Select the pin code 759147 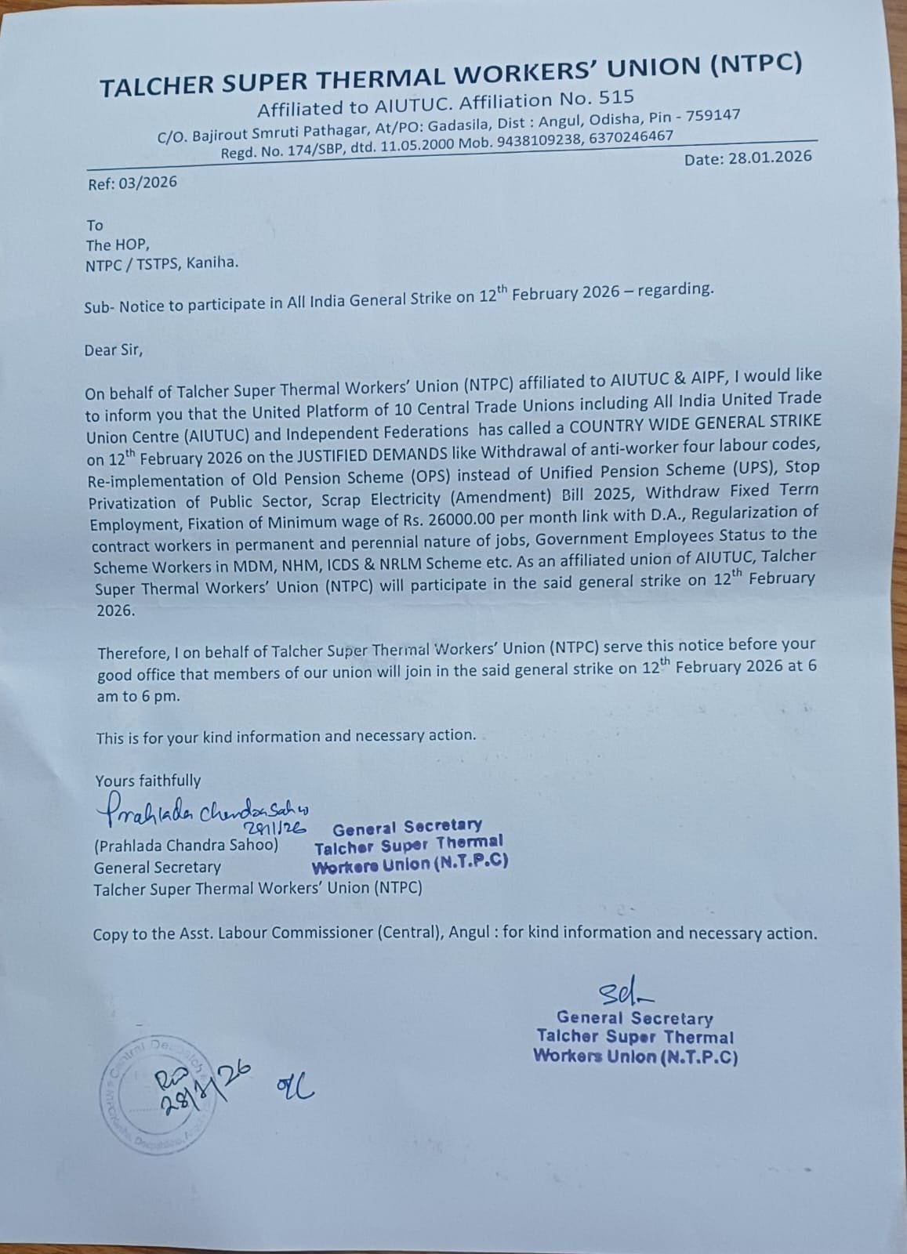(713, 116)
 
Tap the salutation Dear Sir (114, 350)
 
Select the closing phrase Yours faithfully (148, 781)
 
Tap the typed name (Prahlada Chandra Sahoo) (186, 846)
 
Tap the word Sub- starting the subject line (100, 306)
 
